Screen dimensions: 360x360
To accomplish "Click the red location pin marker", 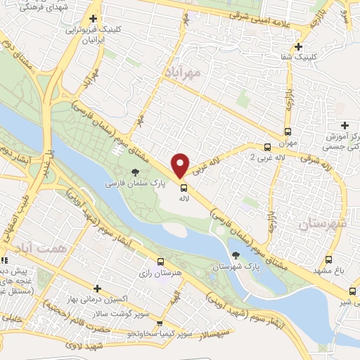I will click(x=180, y=165).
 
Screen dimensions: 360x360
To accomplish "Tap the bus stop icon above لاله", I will click(x=184, y=188).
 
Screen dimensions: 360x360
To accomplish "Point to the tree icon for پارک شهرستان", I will click(x=235, y=255).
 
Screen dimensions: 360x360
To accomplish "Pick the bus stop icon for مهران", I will click(x=287, y=131).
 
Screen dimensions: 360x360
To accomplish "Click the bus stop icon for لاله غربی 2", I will click(x=266, y=147).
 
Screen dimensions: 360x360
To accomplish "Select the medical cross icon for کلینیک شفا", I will click(x=300, y=46).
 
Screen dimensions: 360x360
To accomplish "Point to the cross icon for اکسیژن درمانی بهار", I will click(x=97, y=288).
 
